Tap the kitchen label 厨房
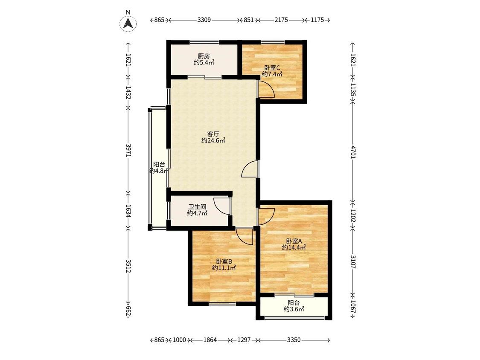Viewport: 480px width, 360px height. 204,56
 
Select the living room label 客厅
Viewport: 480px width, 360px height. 213,134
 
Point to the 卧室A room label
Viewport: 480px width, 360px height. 294,241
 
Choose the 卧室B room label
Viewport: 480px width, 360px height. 224,261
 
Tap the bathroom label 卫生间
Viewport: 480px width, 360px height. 197,206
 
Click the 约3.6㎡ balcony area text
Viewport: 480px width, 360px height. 294,309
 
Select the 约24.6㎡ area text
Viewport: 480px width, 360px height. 213,141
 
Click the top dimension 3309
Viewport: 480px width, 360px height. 204,20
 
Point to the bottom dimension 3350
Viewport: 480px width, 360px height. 294,340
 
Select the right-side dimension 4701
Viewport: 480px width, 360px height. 353,152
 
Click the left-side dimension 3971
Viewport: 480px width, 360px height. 128,150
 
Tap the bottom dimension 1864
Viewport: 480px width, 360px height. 210,340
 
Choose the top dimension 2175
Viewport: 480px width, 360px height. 281,20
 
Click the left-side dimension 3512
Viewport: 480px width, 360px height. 128,266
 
